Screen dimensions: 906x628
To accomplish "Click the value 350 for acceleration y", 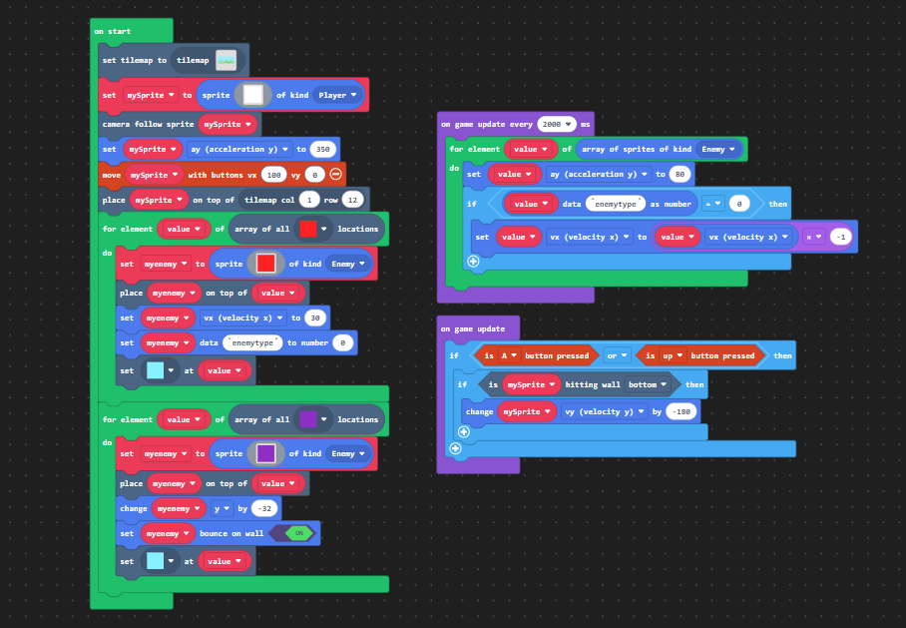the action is pos(323,149).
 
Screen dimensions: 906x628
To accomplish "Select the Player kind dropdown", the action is pos(338,95).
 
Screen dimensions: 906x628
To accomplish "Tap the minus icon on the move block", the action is pos(335,174).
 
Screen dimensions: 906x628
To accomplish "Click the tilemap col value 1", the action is pos(309,200).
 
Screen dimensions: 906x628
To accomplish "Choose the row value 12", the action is pos(352,200).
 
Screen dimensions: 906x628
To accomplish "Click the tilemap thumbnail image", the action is pos(226,60).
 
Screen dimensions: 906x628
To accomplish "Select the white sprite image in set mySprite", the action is pos(253,95).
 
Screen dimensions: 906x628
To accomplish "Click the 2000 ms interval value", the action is pos(557,125).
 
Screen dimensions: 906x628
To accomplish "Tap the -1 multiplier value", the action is pos(841,237).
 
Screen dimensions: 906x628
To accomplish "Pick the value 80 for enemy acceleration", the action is pos(680,174).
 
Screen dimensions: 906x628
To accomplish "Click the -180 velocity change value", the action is pos(681,411).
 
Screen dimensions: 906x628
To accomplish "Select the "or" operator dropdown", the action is pos(617,355).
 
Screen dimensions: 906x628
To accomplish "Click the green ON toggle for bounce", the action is pos(298,533).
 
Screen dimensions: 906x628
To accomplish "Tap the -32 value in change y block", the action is pos(264,509).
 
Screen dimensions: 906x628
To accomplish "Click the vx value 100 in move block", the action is pos(273,175).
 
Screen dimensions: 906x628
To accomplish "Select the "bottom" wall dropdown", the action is pos(648,384).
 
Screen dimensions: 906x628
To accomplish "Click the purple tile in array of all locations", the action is pos(308,419).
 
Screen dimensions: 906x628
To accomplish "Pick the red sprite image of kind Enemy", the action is pos(265,264).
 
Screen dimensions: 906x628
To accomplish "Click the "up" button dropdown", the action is pos(672,355).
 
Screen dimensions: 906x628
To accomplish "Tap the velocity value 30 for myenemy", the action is pos(315,318).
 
